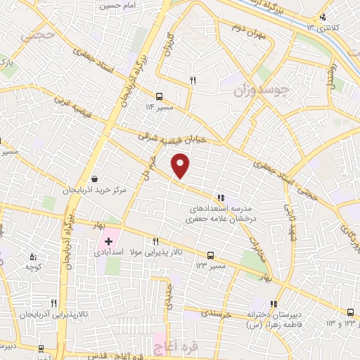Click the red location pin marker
pyautogui.click(x=181, y=167)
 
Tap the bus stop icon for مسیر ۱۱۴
pyautogui.click(x=160, y=96)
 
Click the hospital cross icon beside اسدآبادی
pyautogui.click(x=109, y=241)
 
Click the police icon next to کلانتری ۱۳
pyautogui.click(x=323, y=17)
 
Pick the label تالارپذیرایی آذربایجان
pyautogui.click(x=49, y=314)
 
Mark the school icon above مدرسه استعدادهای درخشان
pyautogui.click(x=221, y=198)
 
